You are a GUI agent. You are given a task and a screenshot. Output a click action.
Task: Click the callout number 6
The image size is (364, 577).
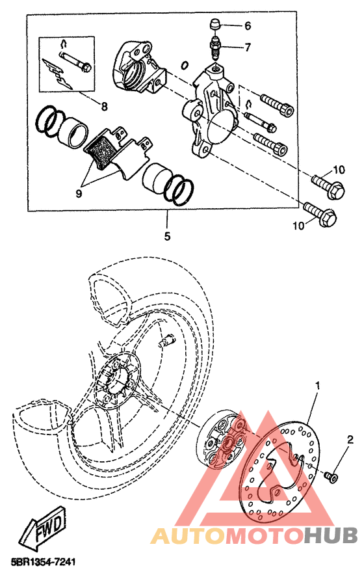(x=248, y=26)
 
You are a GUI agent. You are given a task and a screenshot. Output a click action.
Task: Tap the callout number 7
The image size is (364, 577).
(x=248, y=47)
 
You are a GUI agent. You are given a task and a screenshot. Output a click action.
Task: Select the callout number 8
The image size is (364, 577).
(x=105, y=107)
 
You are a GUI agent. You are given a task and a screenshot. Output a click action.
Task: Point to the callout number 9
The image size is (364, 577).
(x=79, y=193)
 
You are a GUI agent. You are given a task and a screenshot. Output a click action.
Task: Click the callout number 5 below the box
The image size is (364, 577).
(x=167, y=236)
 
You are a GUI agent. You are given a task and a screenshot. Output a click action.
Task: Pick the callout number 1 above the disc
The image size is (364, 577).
(x=317, y=386)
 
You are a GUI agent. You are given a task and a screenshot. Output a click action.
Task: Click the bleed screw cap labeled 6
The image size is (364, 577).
(x=214, y=27)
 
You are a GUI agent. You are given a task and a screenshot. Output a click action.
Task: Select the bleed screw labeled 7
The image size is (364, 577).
(x=214, y=47)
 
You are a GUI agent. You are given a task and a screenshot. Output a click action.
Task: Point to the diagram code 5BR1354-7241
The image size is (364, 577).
(x=44, y=562)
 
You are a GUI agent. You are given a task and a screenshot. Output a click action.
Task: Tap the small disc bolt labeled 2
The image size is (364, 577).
(x=331, y=477)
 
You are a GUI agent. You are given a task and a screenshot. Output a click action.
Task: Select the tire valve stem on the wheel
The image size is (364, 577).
(x=166, y=340)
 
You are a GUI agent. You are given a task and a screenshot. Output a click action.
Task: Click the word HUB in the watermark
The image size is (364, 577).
(x=331, y=535)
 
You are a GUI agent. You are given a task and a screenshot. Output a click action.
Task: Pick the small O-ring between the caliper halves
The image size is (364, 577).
(x=185, y=66)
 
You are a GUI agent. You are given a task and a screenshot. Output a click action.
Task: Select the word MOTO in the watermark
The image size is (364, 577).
(x=265, y=535)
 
